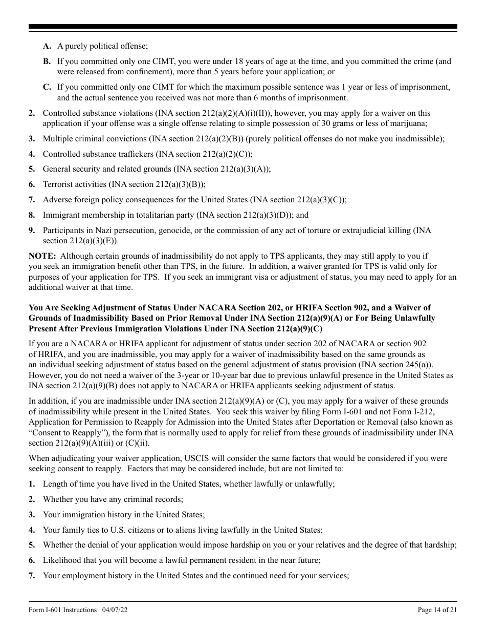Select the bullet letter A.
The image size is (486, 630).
(x=47, y=46)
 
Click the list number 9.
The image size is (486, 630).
(x=32, y=230)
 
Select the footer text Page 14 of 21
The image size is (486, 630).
(x=437, y=610)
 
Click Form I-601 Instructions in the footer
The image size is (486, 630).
(x=62, y=610)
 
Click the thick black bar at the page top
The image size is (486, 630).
(x=243, y=26)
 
